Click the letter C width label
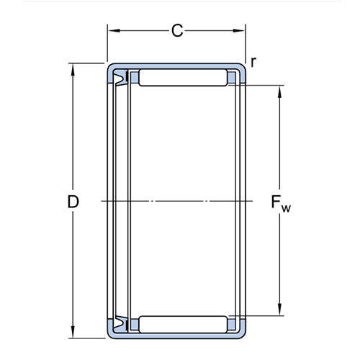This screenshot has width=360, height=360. [177, 31]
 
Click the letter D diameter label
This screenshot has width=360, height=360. [73, 202]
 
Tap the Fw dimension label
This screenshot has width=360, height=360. [281, 204]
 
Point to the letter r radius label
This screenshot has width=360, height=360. [253, 62]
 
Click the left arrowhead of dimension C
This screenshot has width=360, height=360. [114, 31]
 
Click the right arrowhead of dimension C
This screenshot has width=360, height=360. [239, 31]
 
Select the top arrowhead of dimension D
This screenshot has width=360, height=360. [73, 70]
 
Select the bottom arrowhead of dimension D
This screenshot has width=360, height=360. [73, 332]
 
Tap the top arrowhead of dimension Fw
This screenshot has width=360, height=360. [279, 91]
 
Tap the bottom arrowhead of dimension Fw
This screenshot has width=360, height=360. [279, 310]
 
